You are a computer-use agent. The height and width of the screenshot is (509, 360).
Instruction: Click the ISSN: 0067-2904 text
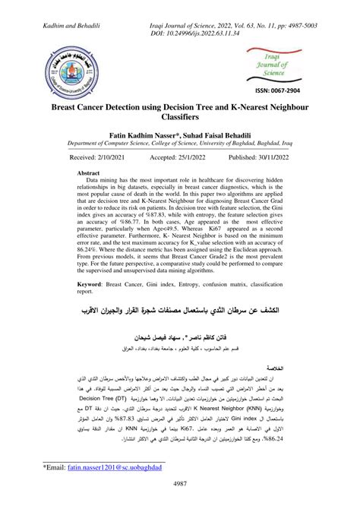(x=277, y=89)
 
